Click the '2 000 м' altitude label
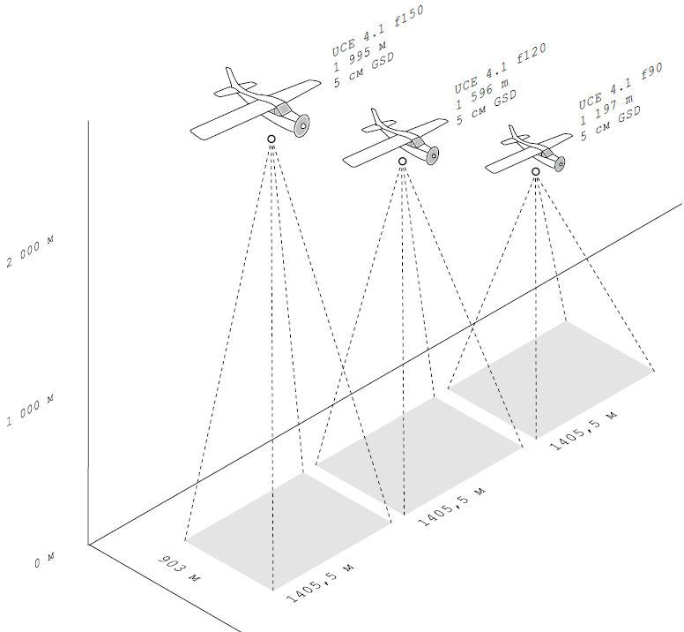tap(30, 252)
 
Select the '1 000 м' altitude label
tap(30, 410)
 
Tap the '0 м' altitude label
tap(44, 561)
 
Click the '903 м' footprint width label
tap(178, 568)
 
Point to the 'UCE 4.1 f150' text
tap(378, 31)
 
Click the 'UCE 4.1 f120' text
tap(500, 69)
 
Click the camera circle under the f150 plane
tap(271, 139)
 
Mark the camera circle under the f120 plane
tap(403, 162)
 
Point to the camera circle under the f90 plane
tap(536, 171)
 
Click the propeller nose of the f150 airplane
tap(301, 126)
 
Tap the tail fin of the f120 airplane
tap(376, 117)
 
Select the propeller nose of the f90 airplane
tap(560, 164)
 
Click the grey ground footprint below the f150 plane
tap(288, 531)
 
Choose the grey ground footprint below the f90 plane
tap(552, 380)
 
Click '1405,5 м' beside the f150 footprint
tap(320, 583)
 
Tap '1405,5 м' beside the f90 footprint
tap(584, 431)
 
